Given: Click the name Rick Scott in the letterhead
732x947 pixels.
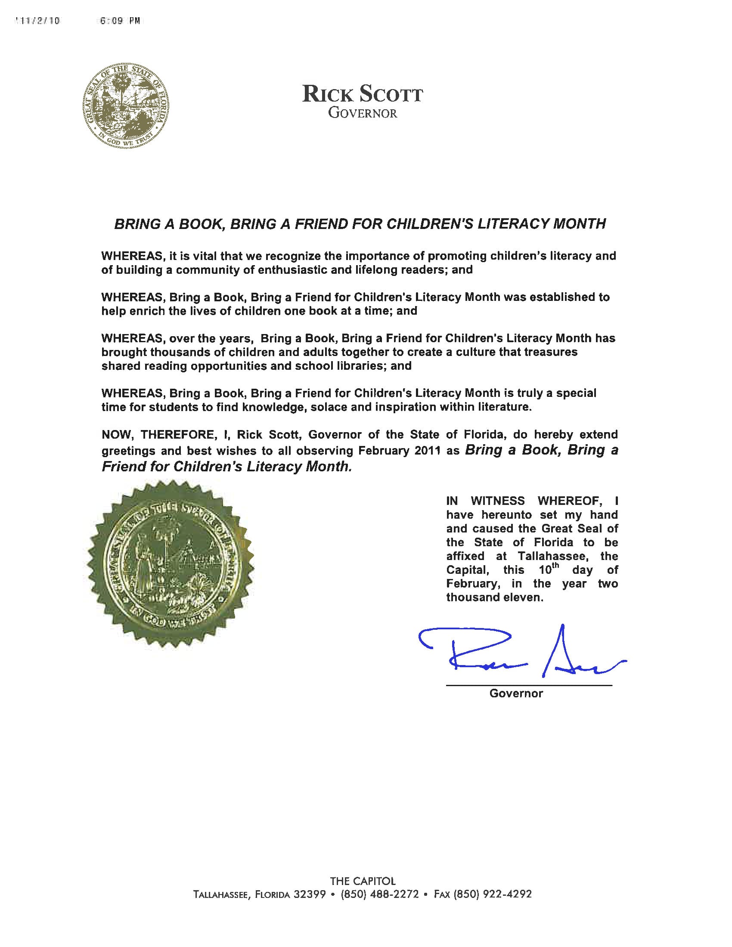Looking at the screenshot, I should pos(362,94).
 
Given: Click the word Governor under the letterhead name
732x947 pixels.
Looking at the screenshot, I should pos(363,114).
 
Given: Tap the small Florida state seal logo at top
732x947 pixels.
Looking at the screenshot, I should pos(126,106).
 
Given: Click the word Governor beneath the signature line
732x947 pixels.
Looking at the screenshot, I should pos(516,693).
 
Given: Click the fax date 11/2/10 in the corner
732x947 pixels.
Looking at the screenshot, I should pos(38,21).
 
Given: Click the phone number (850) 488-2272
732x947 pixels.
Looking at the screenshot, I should pos(380,894).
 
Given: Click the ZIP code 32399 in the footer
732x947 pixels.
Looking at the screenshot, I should pos(310,894).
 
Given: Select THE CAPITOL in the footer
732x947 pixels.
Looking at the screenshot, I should pos(363,881).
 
